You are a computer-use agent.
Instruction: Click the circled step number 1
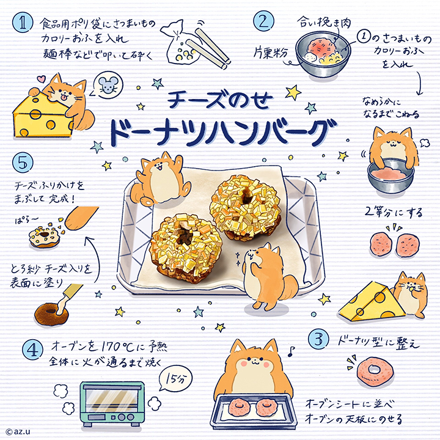coord(22,23)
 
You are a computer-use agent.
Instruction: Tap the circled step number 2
coord(263,21)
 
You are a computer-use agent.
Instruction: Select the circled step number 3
coord(319,339)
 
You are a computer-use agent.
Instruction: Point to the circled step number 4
coord(33,350)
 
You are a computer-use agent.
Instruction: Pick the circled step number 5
coord(23,163)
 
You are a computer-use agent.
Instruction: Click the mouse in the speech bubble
coord(107,85)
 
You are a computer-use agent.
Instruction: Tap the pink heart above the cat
coord(42,79)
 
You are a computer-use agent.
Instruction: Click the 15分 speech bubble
coord(175,378)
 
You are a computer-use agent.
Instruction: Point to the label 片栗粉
coord(271,52)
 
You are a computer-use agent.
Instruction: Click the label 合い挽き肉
coord(324,23)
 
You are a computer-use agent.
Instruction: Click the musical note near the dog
coord(291,351)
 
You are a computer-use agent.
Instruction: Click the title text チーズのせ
coord(220,100)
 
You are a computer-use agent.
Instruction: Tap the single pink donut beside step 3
coord(375,371)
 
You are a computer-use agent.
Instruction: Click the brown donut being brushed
coord(51,313)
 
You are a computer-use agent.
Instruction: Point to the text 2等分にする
coord(394,213)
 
